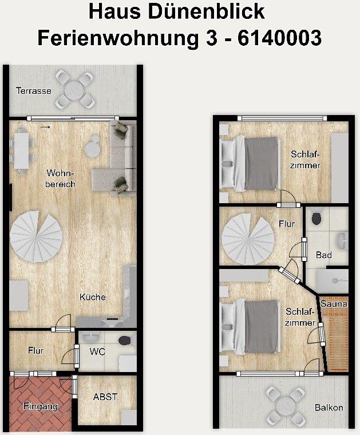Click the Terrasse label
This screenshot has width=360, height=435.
(34, 90)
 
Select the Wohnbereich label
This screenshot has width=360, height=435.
(60, 179)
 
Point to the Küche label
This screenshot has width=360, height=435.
(93, 297)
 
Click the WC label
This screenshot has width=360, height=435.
(97, 352)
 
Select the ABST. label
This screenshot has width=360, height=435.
(106, 397)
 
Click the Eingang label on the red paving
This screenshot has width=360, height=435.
(41, 407)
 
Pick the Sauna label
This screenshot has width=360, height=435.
(334, 304)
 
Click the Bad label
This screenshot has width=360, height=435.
(324, 255)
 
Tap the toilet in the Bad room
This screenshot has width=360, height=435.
(317, 219)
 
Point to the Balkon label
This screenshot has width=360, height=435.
(329, 408)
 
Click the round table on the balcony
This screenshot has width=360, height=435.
(286, 405)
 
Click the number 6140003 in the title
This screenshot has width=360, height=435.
(279, 38)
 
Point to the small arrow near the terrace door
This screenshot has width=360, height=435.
(46, 127)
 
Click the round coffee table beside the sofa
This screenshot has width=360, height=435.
(91, 148)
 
